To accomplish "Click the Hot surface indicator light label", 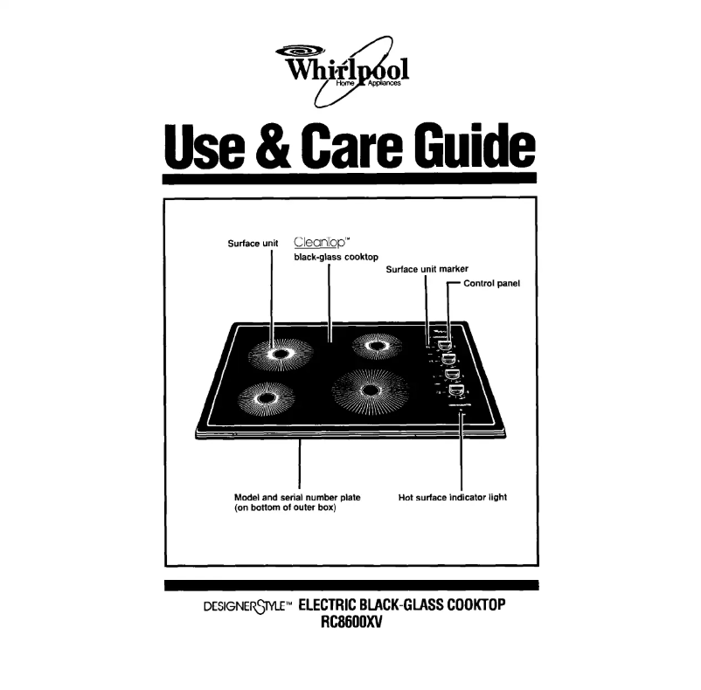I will point(452,497).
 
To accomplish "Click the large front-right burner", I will point(371,390).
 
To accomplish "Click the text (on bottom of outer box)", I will point(286,508).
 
